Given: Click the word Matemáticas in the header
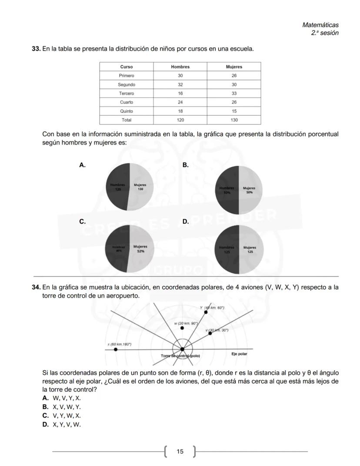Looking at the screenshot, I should click(x=320, y=25).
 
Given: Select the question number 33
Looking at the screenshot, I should click(x=36, y=49).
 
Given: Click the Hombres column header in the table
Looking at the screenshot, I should click(x=180, y=67).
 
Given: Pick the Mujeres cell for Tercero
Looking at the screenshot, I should click(x=234, y=94).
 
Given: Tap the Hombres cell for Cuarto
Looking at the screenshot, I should click(x=180, y=102).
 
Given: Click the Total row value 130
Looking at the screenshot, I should click(x=234, y=120).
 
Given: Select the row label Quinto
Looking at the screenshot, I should click(x=126, y=111).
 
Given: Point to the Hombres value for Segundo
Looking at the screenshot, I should click(x=180, y=84).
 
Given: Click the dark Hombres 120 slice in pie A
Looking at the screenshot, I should click(x=117, y=187).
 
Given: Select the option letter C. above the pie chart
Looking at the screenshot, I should click(x=82, y=221).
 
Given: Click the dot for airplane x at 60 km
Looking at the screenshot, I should click(x=115, y=349).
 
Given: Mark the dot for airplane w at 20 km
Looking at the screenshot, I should click(x=182, y=328).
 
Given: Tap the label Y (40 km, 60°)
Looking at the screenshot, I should click(x=213, y=308).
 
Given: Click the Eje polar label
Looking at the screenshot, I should click(x=239, y=354).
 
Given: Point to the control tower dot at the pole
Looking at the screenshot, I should click(x=182, y=349).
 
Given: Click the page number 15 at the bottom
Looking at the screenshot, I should click(x=180, y=452).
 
